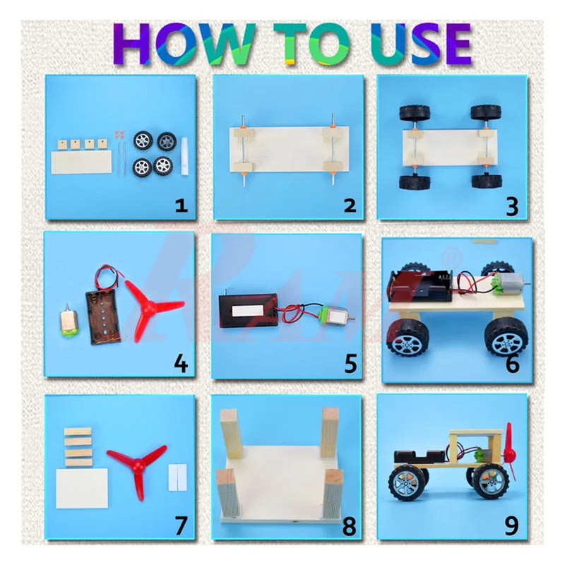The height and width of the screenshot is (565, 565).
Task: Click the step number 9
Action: (x=511, y=525)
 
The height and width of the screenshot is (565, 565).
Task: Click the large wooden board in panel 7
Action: (x=81, y=487)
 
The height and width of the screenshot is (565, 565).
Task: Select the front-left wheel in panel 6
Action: (x=408, y=338)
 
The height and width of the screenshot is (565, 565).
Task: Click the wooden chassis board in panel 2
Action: (x=289, y=149)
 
